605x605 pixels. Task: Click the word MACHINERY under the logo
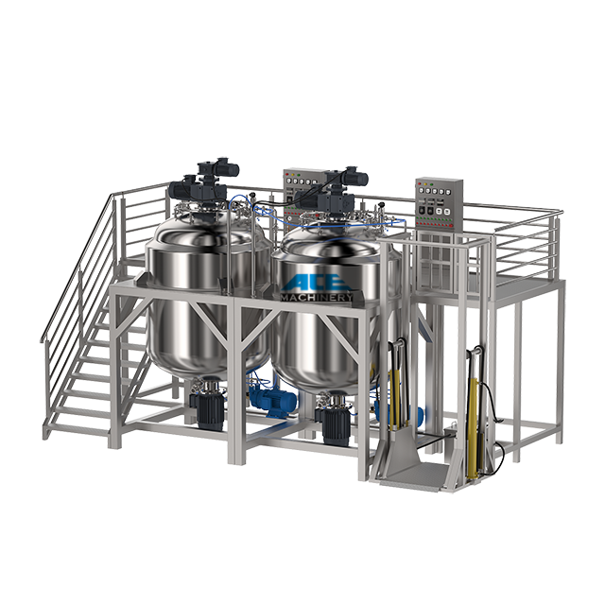[x=318, y=298]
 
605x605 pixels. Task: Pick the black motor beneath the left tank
[x=206, y=411]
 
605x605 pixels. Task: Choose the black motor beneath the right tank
[x=333, y=420]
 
